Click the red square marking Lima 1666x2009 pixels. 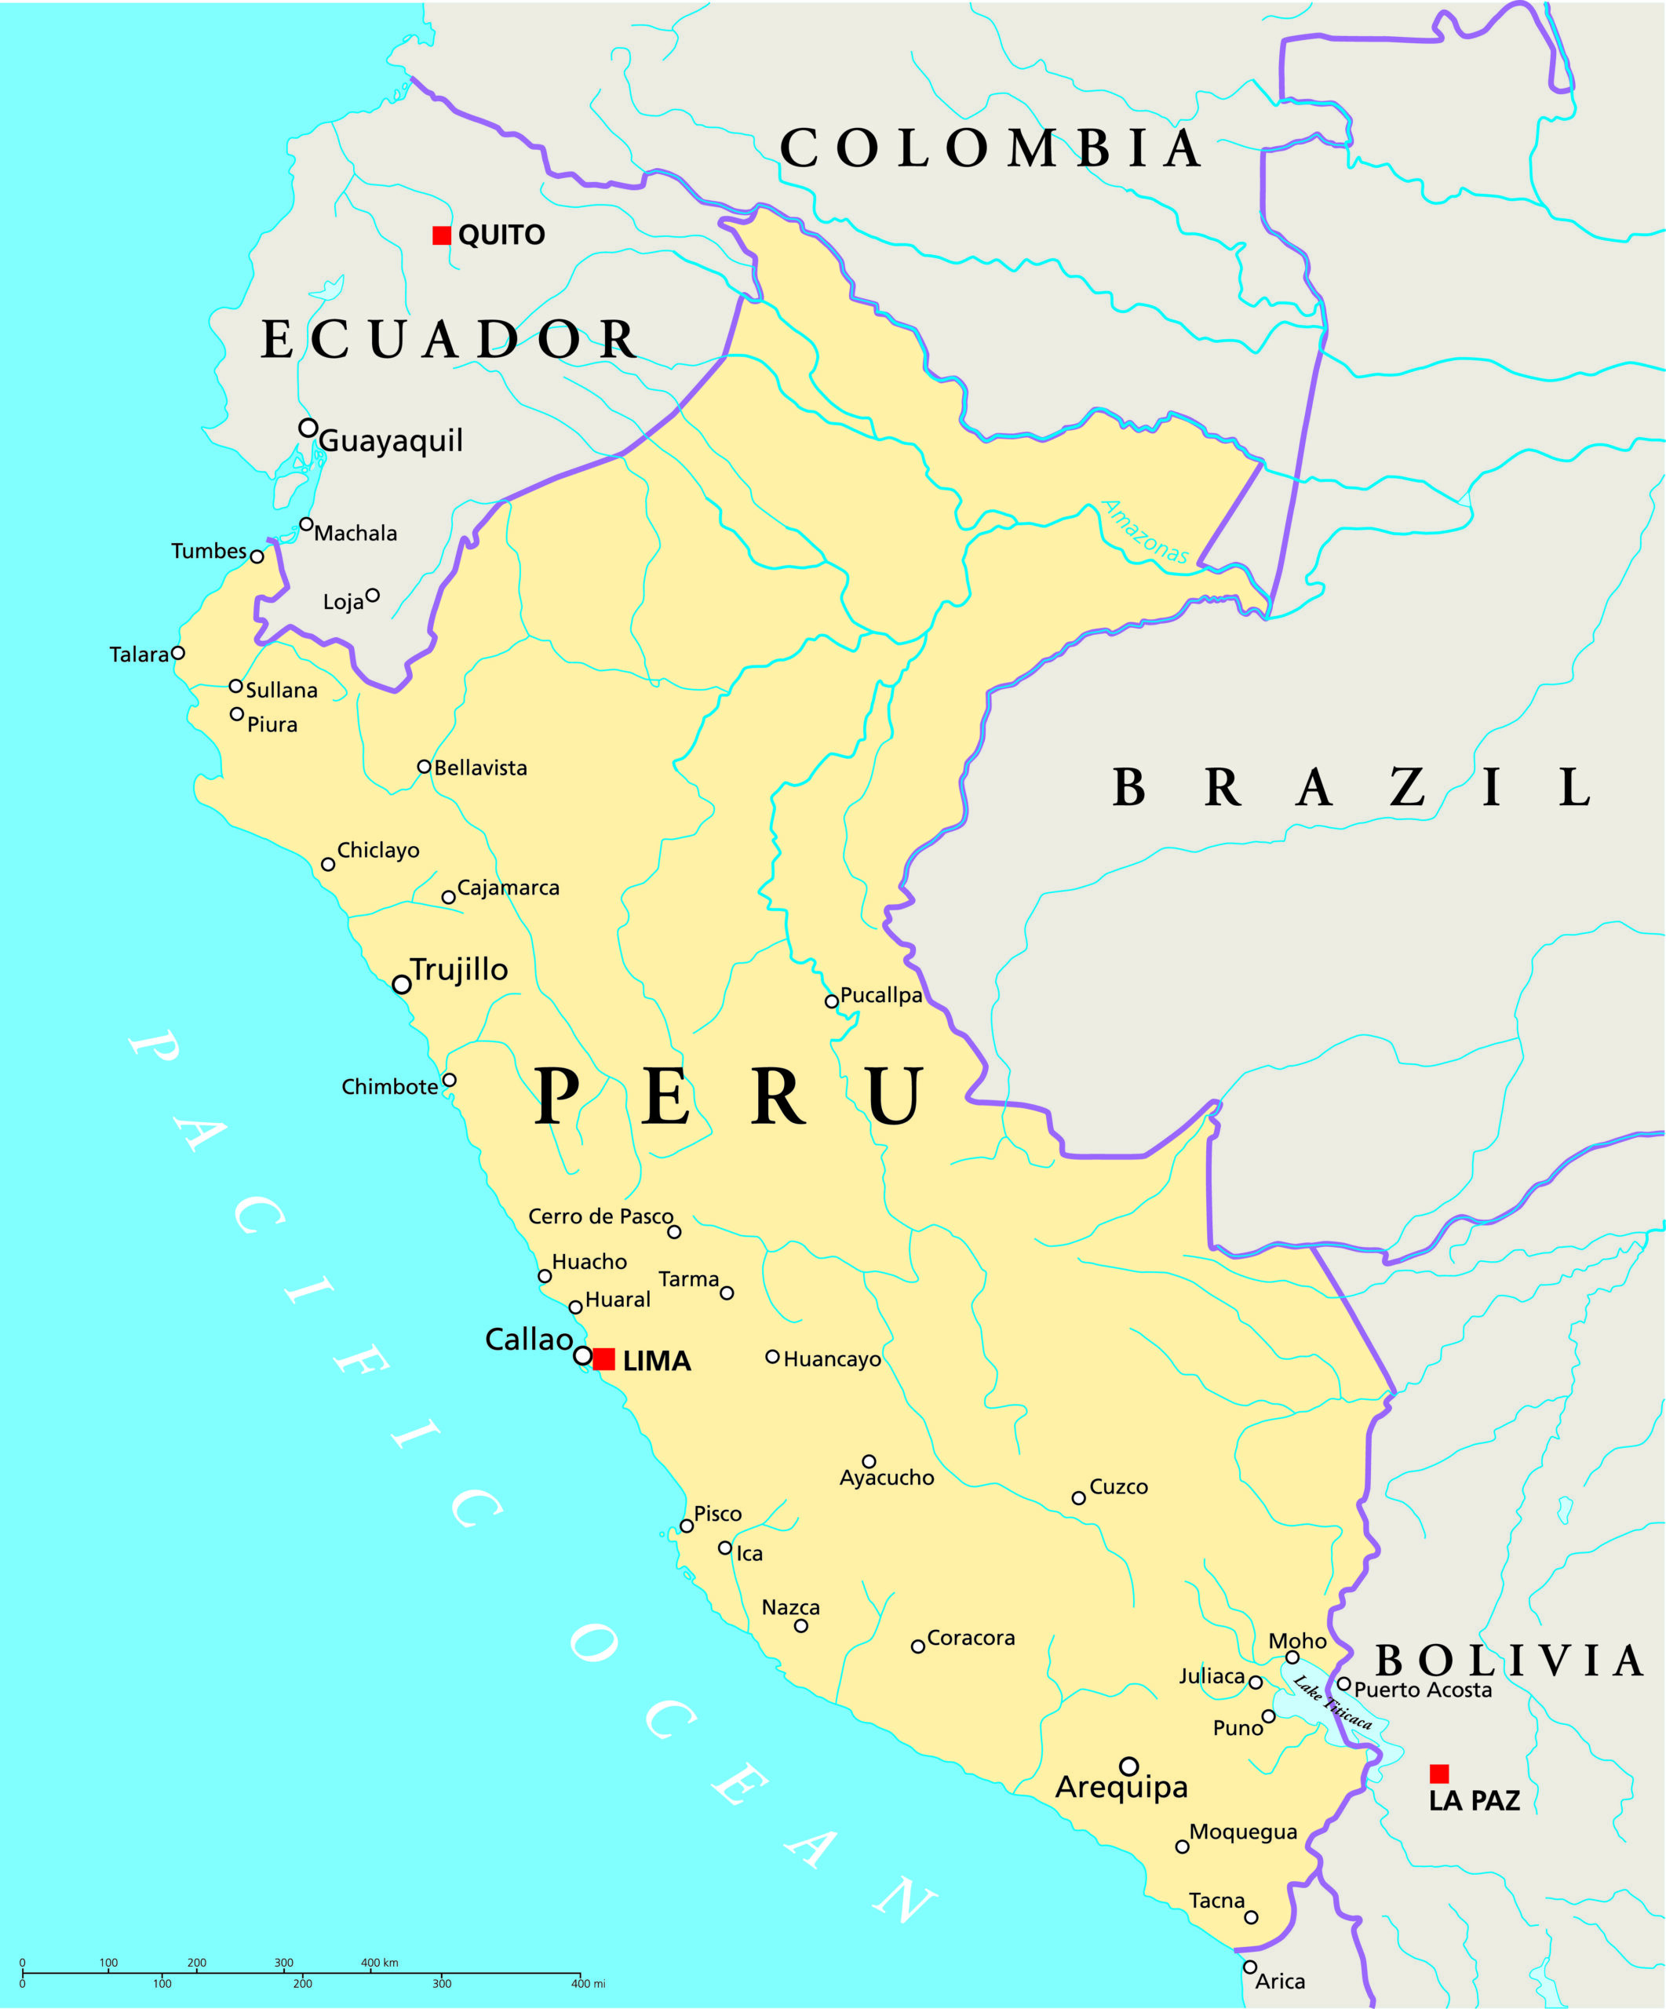pos(603,1359)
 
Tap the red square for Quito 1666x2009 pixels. pos(442,235)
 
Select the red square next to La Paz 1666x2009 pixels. pos(1438,1774)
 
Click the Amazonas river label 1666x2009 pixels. pos(1145,532)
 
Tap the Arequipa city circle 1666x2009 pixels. pos(1128,1766)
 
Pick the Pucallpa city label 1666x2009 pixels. pos(880,995)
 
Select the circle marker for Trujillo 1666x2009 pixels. pos(402,984)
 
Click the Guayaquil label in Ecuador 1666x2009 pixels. pos(390,441)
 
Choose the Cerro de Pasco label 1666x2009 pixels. pos(600,1216)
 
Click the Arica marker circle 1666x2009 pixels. pos(1250,1967)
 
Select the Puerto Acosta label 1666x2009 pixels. pos(1422,1690)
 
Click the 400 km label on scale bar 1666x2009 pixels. pos(380,1963)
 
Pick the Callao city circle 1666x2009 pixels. pos(582,1355)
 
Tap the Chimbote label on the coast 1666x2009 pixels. pos(389,1087)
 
